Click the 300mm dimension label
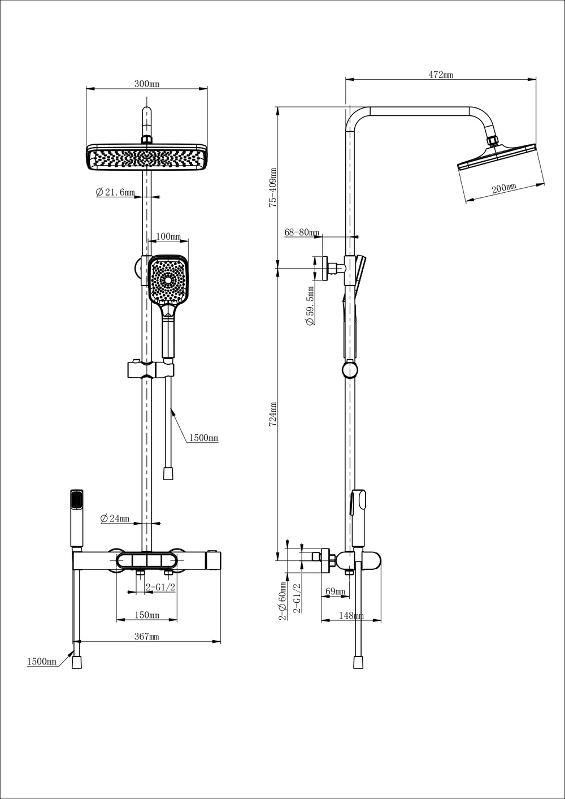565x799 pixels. click(146, 84)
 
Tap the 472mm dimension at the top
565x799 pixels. click(440, 75)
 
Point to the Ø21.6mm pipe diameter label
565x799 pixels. click(115, 192)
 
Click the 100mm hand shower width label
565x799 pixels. click(168, 236)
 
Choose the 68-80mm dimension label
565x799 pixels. click(302, 232)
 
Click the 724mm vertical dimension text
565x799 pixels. click(272, 414)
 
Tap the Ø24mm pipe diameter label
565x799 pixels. click(115, 519)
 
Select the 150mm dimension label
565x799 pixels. click(146, 615)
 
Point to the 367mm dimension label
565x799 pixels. click(146, 636)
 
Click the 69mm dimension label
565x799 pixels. click(335, 591)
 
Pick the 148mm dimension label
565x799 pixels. click(350, 615)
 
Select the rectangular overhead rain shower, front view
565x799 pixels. click(146, 156)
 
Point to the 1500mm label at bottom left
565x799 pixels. click(42, 662)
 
